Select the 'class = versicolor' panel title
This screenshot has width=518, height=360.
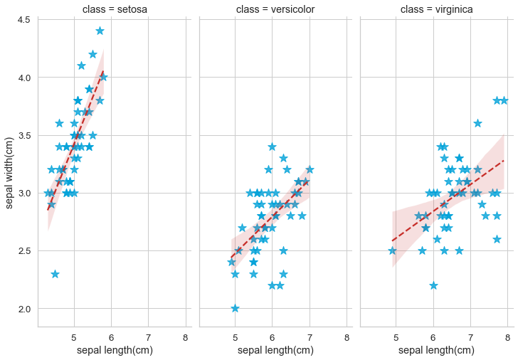[x=275, y=9]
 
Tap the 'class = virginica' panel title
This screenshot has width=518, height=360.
[x=436, y=9]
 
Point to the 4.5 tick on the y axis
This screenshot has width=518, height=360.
[x=23, y=19]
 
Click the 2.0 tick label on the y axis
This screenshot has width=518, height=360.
[x=23, y=309]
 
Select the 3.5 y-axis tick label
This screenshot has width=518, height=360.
[x=23, y=135]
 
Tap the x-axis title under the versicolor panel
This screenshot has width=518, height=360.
[x=275, y=350]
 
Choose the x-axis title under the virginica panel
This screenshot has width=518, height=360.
[x=436, y=350]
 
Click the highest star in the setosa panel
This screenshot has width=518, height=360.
[x=100, y=31]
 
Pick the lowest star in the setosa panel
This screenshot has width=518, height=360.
[x=55, y=274]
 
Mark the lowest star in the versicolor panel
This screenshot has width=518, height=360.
[x=235, y=308]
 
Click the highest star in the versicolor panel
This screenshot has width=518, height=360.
[x=272, y=147]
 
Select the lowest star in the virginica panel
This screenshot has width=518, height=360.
[x=433, y=285]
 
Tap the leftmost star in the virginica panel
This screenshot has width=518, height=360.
[x=392, y=250]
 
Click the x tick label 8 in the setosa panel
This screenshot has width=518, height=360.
[x=185, y=337]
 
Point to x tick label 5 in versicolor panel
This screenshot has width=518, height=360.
[x=235, y=337]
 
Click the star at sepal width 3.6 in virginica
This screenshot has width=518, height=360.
[x=477, y=123]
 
